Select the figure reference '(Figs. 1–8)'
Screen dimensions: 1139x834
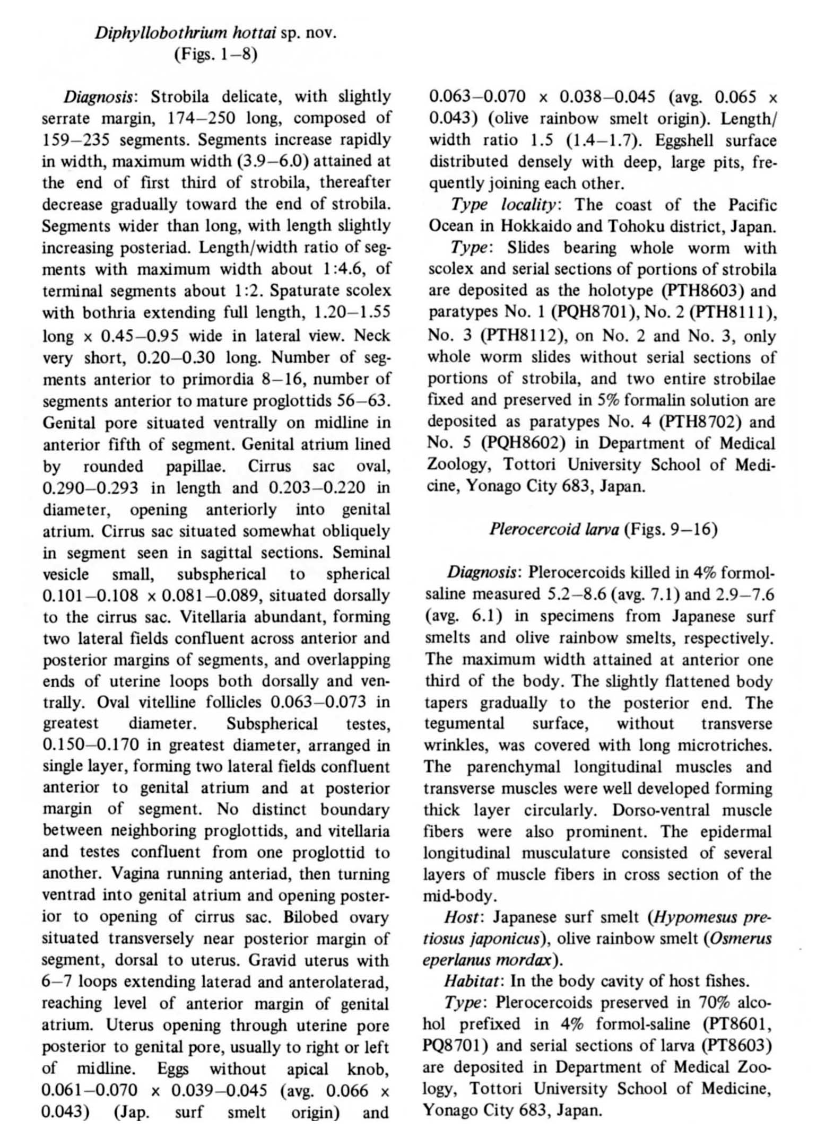point(215,55)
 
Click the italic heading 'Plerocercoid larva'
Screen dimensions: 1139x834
point(554,529)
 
